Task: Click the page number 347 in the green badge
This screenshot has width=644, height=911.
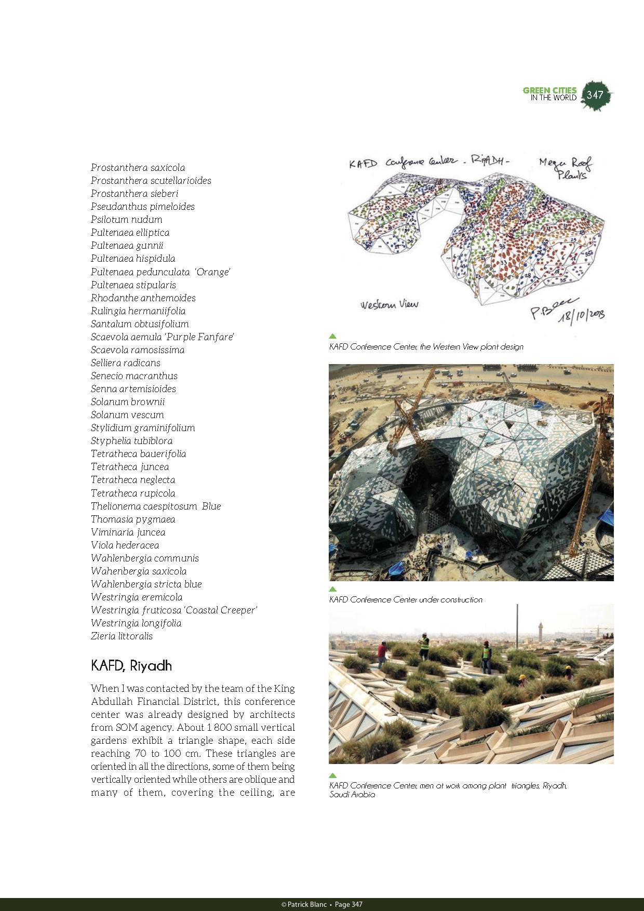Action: pos(595,95)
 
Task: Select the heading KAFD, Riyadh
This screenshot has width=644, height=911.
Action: pos(131,666)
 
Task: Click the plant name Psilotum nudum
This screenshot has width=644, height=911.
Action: pos(126,220)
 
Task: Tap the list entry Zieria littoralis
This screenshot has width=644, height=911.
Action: pos(122,636)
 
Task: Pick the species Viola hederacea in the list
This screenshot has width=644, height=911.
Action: pos(125,545)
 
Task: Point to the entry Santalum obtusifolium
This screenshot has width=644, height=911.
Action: pos(139,324)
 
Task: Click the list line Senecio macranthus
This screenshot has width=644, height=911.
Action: pos(134,376)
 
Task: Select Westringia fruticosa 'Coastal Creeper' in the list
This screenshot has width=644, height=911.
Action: pos(174,610)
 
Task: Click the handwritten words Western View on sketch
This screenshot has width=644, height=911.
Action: pos(389,304)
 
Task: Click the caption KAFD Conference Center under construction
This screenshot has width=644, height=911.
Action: pos(405,600)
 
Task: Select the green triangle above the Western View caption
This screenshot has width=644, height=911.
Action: pos(333,336)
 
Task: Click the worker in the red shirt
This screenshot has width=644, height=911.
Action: pos(382,652)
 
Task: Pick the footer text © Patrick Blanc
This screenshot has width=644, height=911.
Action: pos(304,904)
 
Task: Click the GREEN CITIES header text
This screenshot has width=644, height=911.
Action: pos(549,90)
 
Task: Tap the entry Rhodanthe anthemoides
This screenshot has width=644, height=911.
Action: pos(143,298)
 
